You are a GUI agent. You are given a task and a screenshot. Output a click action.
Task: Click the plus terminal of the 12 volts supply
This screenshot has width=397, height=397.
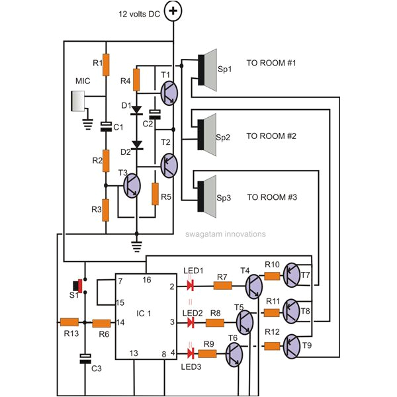point(173,10)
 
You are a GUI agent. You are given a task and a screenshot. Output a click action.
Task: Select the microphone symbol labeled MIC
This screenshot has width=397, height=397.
point(79,102)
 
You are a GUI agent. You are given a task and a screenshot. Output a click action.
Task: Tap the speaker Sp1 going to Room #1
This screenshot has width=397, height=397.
point(207,71)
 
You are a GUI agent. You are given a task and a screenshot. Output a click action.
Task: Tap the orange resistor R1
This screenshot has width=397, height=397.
point(105,64)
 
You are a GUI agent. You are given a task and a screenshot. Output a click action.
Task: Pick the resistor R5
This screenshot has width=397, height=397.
point(154,195)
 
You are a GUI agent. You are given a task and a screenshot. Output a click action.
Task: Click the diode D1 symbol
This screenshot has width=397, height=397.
point(136,109)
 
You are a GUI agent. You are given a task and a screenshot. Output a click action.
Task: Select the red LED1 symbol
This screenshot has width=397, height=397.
point(191,286)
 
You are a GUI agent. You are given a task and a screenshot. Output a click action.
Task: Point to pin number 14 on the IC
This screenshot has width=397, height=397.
point(121,323)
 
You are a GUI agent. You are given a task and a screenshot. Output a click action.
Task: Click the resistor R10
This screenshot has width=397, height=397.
point(273,277)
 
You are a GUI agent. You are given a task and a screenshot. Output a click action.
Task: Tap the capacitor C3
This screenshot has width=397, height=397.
point(85,359)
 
